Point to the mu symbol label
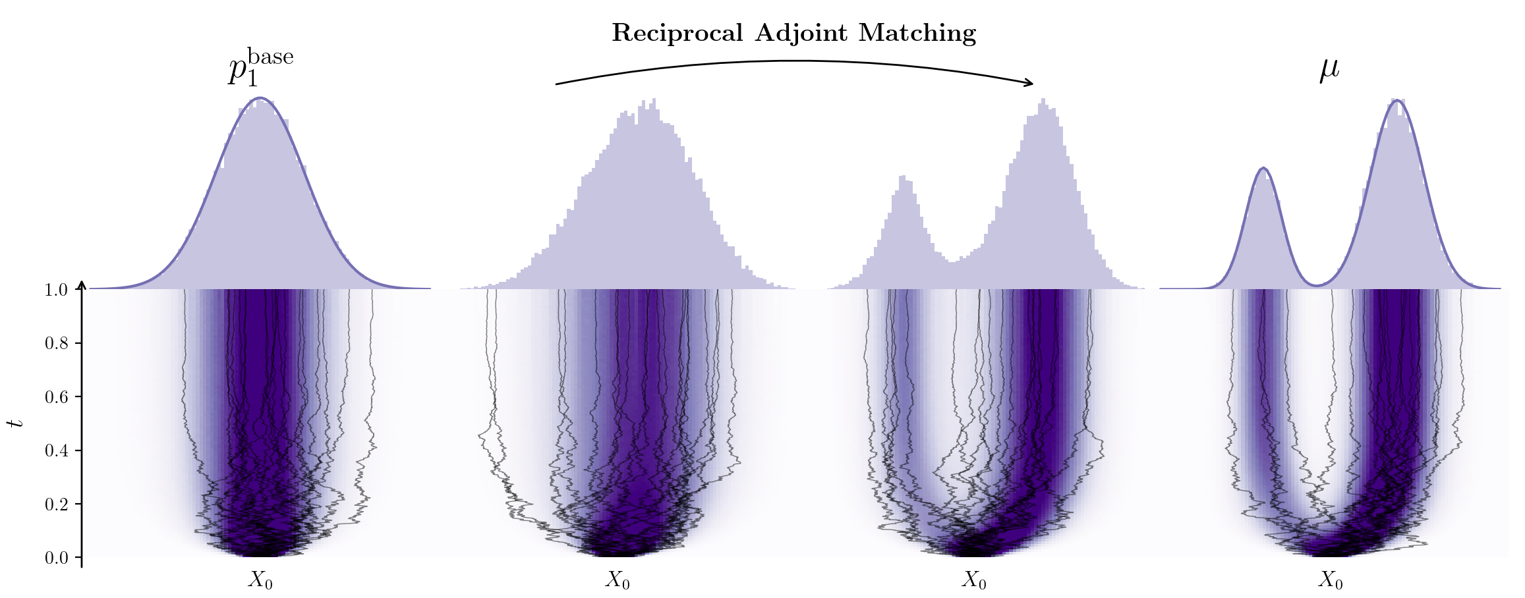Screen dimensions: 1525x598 (x=1329, y=70)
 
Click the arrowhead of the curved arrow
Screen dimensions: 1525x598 (x=1028, y=82)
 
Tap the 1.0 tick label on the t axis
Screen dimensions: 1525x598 (x=56, y=290)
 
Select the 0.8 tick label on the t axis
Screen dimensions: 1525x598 (x=56, y=343)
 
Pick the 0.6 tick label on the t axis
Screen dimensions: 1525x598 (x=56, y=397)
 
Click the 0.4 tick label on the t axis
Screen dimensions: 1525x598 (x=56, y=451)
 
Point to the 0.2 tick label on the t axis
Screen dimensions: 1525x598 (x=56, y=504)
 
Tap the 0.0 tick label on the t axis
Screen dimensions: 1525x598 (x=56, y=558)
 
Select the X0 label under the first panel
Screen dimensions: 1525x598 (x=260, y=580)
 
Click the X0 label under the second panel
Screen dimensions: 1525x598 (x=618, y=580)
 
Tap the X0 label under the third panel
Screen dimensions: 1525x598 (x=974, y=580)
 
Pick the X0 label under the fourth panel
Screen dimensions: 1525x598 (x=1331, y=580)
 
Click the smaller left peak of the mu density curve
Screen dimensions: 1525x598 (x=1263, y=169)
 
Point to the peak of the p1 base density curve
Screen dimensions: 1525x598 (x=260, y=98)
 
